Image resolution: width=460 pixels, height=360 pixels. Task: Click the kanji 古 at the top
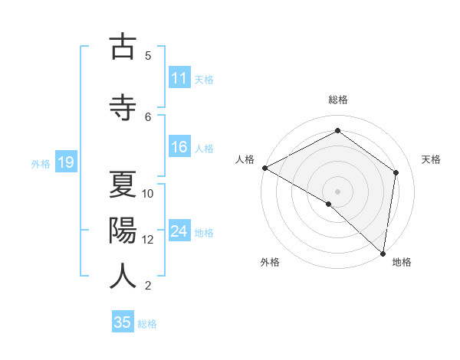123,47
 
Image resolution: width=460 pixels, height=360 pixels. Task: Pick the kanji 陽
123,230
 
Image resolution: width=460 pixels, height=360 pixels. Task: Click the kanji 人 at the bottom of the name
123,276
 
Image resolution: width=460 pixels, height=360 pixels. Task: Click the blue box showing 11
179,78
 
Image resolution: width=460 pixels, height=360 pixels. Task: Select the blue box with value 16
179,148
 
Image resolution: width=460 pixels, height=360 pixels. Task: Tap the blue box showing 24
179,232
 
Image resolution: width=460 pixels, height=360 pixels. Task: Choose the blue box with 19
65,162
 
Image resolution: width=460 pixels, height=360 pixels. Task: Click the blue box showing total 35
123,322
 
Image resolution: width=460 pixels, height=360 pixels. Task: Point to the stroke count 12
148,240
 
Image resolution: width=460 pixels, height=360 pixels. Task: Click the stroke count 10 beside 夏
148,193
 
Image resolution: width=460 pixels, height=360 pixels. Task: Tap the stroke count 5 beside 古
148,55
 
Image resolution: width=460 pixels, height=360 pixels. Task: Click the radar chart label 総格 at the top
338,100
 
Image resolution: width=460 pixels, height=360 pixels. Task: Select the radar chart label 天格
431,159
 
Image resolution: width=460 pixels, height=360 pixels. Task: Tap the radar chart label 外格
270,262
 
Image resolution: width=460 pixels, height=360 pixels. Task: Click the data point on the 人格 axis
264,168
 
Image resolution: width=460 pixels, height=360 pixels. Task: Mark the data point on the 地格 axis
383,253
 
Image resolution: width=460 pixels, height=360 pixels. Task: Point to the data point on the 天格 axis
396,172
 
